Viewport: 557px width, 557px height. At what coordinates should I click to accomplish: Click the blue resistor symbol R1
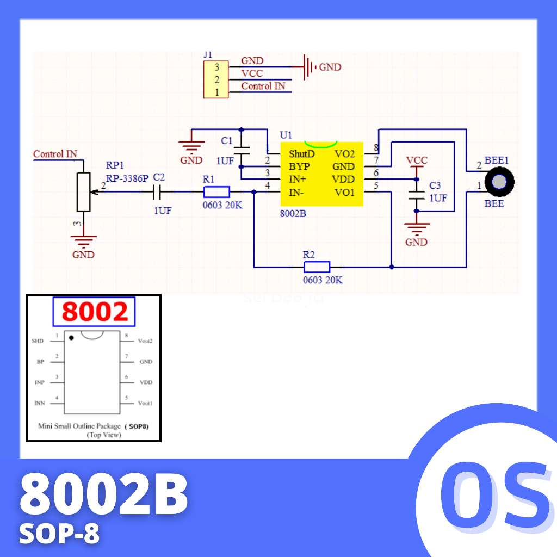point(216,191)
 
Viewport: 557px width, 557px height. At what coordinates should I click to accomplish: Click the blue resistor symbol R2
point(317,267)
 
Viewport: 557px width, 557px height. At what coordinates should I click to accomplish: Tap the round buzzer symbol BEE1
point(499,182)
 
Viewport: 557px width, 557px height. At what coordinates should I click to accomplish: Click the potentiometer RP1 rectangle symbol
point(83,191)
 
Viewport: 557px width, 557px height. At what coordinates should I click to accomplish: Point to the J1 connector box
point(216,80)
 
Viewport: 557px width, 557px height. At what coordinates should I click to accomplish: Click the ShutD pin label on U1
point(301,154)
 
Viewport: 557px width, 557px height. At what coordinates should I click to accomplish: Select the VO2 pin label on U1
point(344,154)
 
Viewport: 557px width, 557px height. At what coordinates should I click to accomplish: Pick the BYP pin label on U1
point(299,166)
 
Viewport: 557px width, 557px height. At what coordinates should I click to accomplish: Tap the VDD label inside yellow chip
point(343,180)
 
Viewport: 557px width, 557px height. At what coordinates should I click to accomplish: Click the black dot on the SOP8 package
point(71,338)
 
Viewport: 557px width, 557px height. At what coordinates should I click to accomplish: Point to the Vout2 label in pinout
point(145,341)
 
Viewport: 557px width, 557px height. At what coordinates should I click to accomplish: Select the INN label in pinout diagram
point(39,403)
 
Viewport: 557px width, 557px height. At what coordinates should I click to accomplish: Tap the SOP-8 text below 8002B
point(59,534)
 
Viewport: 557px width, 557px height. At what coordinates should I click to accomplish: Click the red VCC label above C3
point(417,160)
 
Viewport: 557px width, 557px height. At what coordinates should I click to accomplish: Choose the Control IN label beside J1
point(263,86)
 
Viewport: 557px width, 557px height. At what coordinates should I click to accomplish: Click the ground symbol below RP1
point(83,240)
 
